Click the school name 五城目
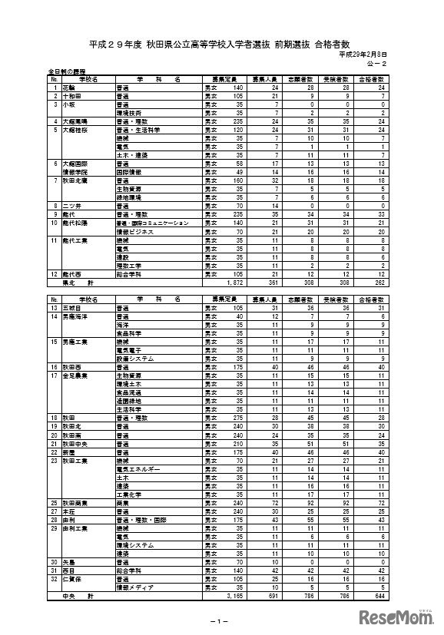[71, 309]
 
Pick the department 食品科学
[126, 332]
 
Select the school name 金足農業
[73, 376]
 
